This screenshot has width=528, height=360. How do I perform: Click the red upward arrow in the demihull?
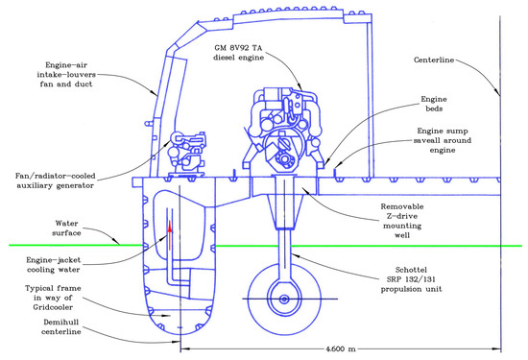170,235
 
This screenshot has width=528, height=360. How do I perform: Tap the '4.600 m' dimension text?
341,348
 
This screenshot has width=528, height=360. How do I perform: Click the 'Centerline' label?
434,60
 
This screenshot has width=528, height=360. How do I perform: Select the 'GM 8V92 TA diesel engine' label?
238,53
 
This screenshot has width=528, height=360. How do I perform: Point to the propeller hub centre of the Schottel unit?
284,300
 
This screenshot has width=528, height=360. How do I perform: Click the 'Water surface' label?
66,228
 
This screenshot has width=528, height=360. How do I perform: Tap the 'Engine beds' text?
434,104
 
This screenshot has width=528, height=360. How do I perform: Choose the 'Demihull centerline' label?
61,326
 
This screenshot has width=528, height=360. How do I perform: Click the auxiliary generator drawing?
186,155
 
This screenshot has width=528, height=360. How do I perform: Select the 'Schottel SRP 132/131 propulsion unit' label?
412,279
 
